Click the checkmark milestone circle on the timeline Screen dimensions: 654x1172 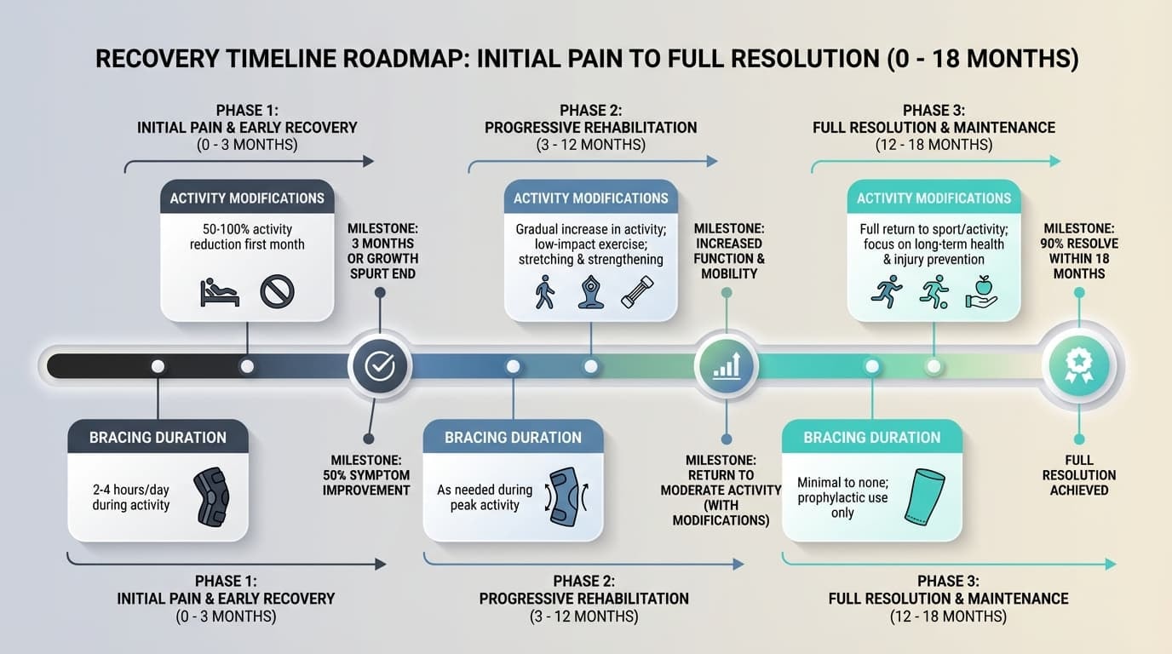(379, 366)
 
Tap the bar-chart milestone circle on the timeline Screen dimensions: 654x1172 (726, 366)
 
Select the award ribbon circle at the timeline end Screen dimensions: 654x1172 (1078, 366)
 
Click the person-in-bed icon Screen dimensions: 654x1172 (219, 292)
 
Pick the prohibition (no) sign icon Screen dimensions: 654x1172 (277, 292)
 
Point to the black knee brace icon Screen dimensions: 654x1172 (210, 494)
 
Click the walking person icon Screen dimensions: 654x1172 (544, 291)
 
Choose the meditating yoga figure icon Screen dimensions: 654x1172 (590, 291)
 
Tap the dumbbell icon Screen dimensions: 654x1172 (636, 291)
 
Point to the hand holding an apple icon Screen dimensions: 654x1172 (981, 291)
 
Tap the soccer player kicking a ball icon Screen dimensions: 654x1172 (934, 291)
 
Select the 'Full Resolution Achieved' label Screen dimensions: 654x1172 (1079, 475)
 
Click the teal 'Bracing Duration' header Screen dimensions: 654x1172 (872, 438)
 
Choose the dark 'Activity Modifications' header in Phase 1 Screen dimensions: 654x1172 (247, 198)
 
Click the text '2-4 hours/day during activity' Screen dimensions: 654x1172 (131, 497)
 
